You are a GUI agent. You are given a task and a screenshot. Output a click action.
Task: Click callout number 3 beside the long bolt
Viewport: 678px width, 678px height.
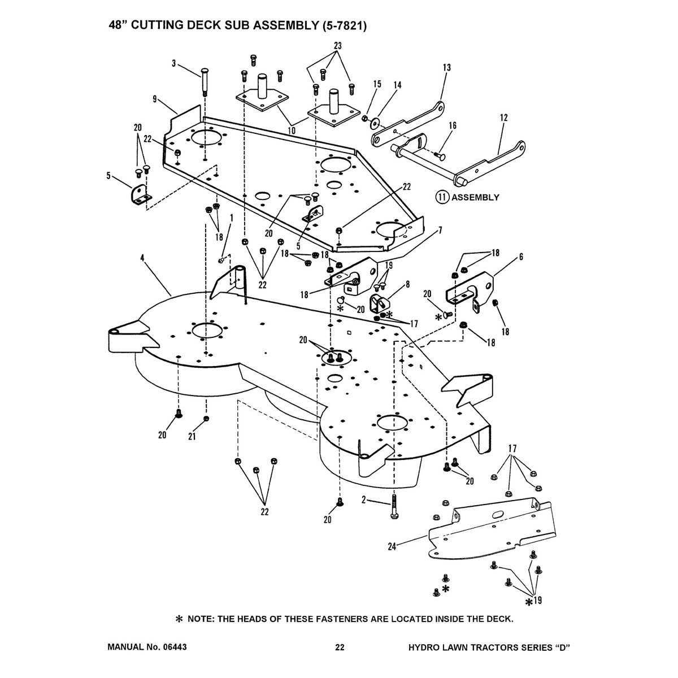click(174, 63)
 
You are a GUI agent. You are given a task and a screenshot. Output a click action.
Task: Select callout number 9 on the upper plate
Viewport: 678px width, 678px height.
click(154, 98)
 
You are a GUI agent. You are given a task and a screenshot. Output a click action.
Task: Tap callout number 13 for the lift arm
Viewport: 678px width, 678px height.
click(447, 67)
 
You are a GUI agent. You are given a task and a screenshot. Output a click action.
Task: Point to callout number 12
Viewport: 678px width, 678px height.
click(503, 118)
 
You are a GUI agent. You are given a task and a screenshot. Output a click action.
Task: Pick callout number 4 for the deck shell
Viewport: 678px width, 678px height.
click(142, 258)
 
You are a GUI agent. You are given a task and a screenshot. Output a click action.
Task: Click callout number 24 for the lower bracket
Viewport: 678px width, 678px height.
click(390, 546)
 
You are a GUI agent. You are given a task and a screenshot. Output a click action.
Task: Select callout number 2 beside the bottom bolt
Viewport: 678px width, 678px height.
click(364, 499)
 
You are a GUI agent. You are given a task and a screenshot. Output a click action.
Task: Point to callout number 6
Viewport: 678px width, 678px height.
click(520, 257)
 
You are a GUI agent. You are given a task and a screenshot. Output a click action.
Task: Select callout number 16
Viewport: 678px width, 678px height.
click(453, 125)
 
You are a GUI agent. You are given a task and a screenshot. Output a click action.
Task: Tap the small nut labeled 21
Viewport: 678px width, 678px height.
click(207, 418)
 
